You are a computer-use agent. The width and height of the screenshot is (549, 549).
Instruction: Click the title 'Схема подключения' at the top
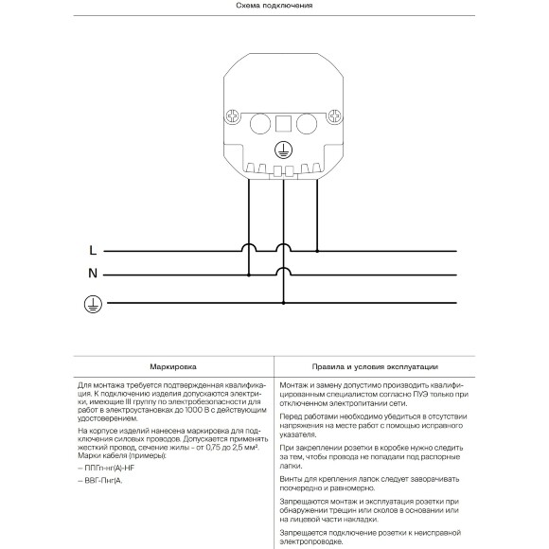coord(274,6)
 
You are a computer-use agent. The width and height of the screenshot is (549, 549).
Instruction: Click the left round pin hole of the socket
coord(257,123)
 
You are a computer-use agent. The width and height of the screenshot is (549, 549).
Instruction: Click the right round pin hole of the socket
coord(307,123)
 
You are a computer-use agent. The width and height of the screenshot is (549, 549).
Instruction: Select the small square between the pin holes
coord(282,123)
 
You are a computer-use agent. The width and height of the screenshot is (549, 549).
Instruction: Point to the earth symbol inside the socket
coord(282,149)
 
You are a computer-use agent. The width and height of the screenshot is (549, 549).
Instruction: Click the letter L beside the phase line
coord(92,251)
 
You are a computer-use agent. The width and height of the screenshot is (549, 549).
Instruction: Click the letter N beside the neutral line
coord(92,275)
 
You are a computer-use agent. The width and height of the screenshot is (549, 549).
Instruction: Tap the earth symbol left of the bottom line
coord(92,303)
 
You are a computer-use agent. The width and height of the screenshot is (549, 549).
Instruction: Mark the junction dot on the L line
coord(317,251)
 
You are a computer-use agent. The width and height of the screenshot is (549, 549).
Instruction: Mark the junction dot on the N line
coord(249,275)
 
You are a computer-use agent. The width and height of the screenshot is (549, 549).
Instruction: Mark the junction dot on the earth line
coord(283,303)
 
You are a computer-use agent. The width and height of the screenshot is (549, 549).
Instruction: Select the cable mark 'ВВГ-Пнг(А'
coord(106,481)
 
